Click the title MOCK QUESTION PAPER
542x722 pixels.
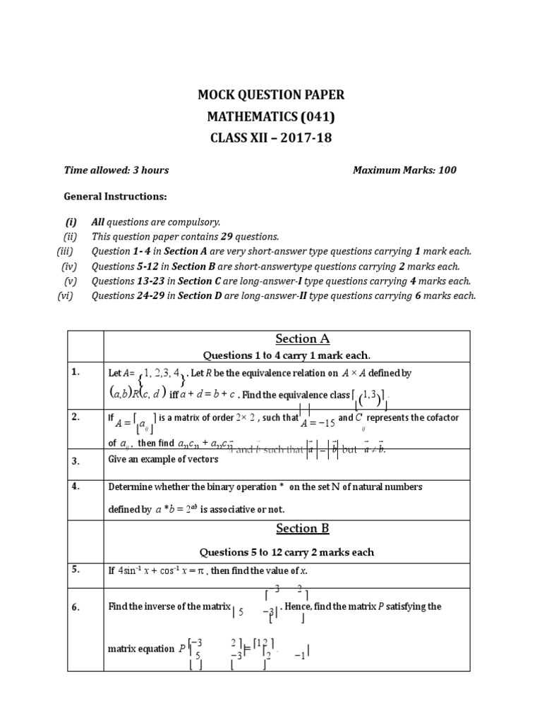point(270,95)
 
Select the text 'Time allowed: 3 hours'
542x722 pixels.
point(116,170)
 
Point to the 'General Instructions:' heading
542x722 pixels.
point(116,195)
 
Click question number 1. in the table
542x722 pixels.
point(76,372)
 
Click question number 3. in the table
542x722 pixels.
point(76,461)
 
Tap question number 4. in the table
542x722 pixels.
point(76,487)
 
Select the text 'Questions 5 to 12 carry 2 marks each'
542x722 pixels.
point(287,551)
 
